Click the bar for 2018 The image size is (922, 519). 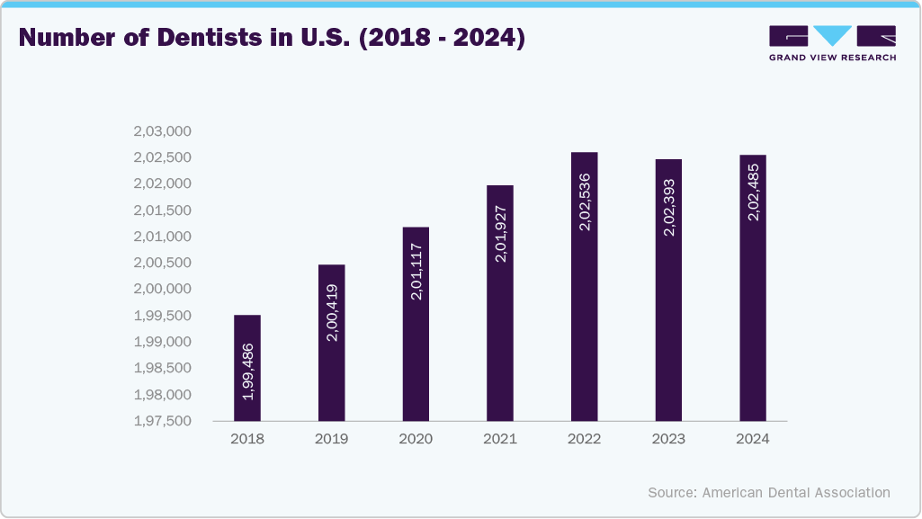(x=246, y=368)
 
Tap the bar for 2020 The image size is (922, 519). (x=416, y=324)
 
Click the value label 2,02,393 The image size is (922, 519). (x=668, y=207)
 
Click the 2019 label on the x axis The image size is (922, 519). (x=331, y=439)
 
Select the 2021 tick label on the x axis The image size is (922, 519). (x=500, y=439)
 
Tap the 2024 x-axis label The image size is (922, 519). (x=753, y=439)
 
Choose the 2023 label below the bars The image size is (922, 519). (x=668, y=439)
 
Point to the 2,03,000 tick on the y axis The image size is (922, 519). (x=163, y=131)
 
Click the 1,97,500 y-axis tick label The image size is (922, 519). (x=163, y=421)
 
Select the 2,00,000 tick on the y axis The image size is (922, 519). (x=163, y=289)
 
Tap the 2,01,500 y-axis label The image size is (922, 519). (x=163, y=210)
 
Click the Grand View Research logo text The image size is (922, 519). (x=832, y=58)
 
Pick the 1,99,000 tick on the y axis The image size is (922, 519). (x=163, y=342)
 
